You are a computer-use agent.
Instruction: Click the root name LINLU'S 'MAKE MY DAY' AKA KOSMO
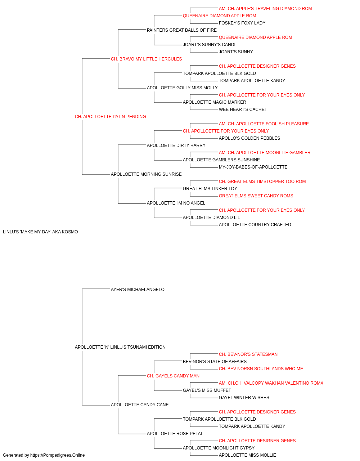tap(40, 232)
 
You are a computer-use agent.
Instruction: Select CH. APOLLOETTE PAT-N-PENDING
tap(110, 117)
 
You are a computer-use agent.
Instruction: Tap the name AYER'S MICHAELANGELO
tap(138, 290)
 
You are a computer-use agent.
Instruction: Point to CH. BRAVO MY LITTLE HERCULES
tap(146, 59)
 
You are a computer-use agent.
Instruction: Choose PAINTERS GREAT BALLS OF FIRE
tap(182, 30)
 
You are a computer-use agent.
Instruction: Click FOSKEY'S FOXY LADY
tap(242, 23)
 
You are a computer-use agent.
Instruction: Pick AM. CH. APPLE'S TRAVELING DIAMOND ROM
tap(265, 9)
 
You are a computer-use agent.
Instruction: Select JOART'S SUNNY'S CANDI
tap(209, 45)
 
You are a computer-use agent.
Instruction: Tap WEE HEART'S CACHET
tap(243, 109)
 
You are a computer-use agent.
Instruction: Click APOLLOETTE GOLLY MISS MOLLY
tap(182, 88)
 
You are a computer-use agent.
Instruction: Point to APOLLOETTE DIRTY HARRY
tap(176, 146)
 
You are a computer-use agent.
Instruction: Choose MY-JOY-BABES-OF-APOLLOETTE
tap(253, 167)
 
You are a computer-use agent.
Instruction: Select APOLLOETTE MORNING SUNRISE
tap(146, 174)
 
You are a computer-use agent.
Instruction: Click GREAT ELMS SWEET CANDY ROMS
tap(256, 196)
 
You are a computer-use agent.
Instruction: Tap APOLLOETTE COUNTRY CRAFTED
tap(255, 225)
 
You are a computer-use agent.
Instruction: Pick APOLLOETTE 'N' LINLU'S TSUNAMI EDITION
tap(120, 347)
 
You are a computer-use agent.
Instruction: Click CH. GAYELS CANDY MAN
tap(173, 376)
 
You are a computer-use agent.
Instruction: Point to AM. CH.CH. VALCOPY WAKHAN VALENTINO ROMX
tap(271, 383)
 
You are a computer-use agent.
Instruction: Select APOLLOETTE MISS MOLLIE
tap(247, 455)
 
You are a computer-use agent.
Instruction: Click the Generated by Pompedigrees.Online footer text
tap(44, 455)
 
